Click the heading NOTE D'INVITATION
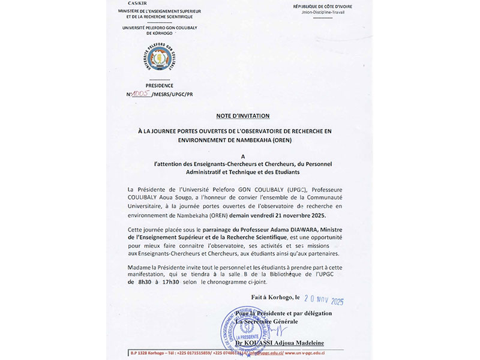[243, 115]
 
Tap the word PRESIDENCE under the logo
[160, 85]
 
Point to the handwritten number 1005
[142, 94]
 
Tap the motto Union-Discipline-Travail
[323, 11]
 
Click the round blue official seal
[246, 330]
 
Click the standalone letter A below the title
[243, 155]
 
